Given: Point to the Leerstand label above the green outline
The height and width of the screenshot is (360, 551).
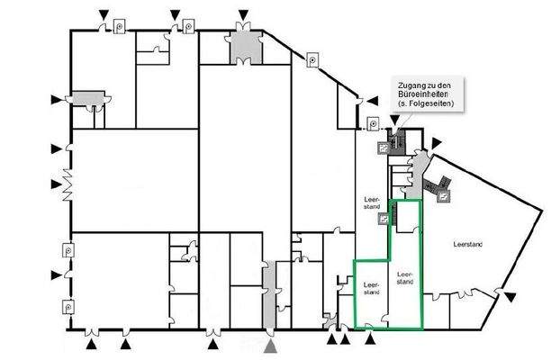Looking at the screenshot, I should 371,204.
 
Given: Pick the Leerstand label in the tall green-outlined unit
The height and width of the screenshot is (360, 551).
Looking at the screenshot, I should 405,276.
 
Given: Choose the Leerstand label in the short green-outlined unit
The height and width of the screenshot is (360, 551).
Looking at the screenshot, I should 371,289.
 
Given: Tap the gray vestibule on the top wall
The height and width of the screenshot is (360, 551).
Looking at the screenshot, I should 244,45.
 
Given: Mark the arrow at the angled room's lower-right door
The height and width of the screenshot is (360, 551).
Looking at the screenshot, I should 510,298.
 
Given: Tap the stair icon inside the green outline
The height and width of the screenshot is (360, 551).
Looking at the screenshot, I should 384,218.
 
